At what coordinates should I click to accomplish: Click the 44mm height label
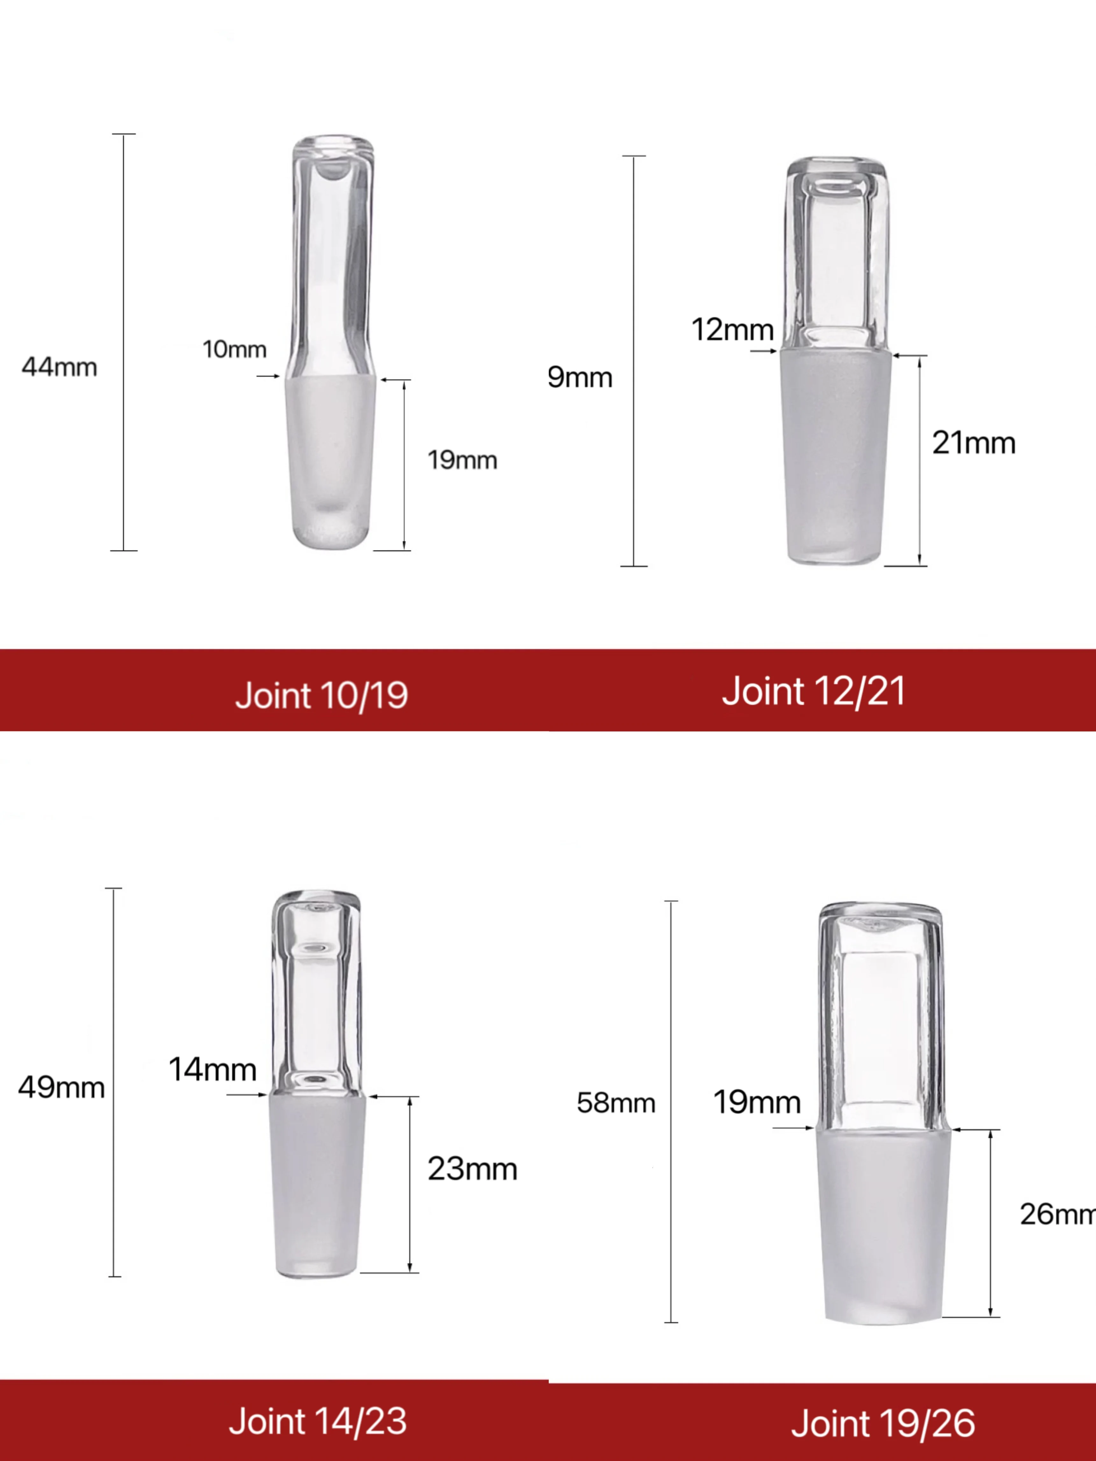click(60, 367)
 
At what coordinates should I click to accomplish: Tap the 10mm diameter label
click(235, 349)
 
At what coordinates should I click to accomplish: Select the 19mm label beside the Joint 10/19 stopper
click(462, 460)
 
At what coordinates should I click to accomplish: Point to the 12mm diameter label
click(732, 329)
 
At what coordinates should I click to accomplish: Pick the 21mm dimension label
click(973, 443)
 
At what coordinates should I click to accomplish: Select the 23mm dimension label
click(472, 1169)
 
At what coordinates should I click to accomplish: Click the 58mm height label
click(616, 1103)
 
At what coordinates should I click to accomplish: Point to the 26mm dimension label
click(1057, 1214)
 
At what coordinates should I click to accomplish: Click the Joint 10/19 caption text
click(322, 695)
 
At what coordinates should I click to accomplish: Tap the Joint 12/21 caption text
click(813, 692)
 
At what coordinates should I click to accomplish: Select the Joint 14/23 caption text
click(318, 1421)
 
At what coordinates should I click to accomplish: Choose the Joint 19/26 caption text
click(883, 1423)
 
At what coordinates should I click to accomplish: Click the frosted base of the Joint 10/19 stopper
click(330, 462)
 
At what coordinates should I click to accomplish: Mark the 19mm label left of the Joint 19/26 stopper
click(757, 1102)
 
